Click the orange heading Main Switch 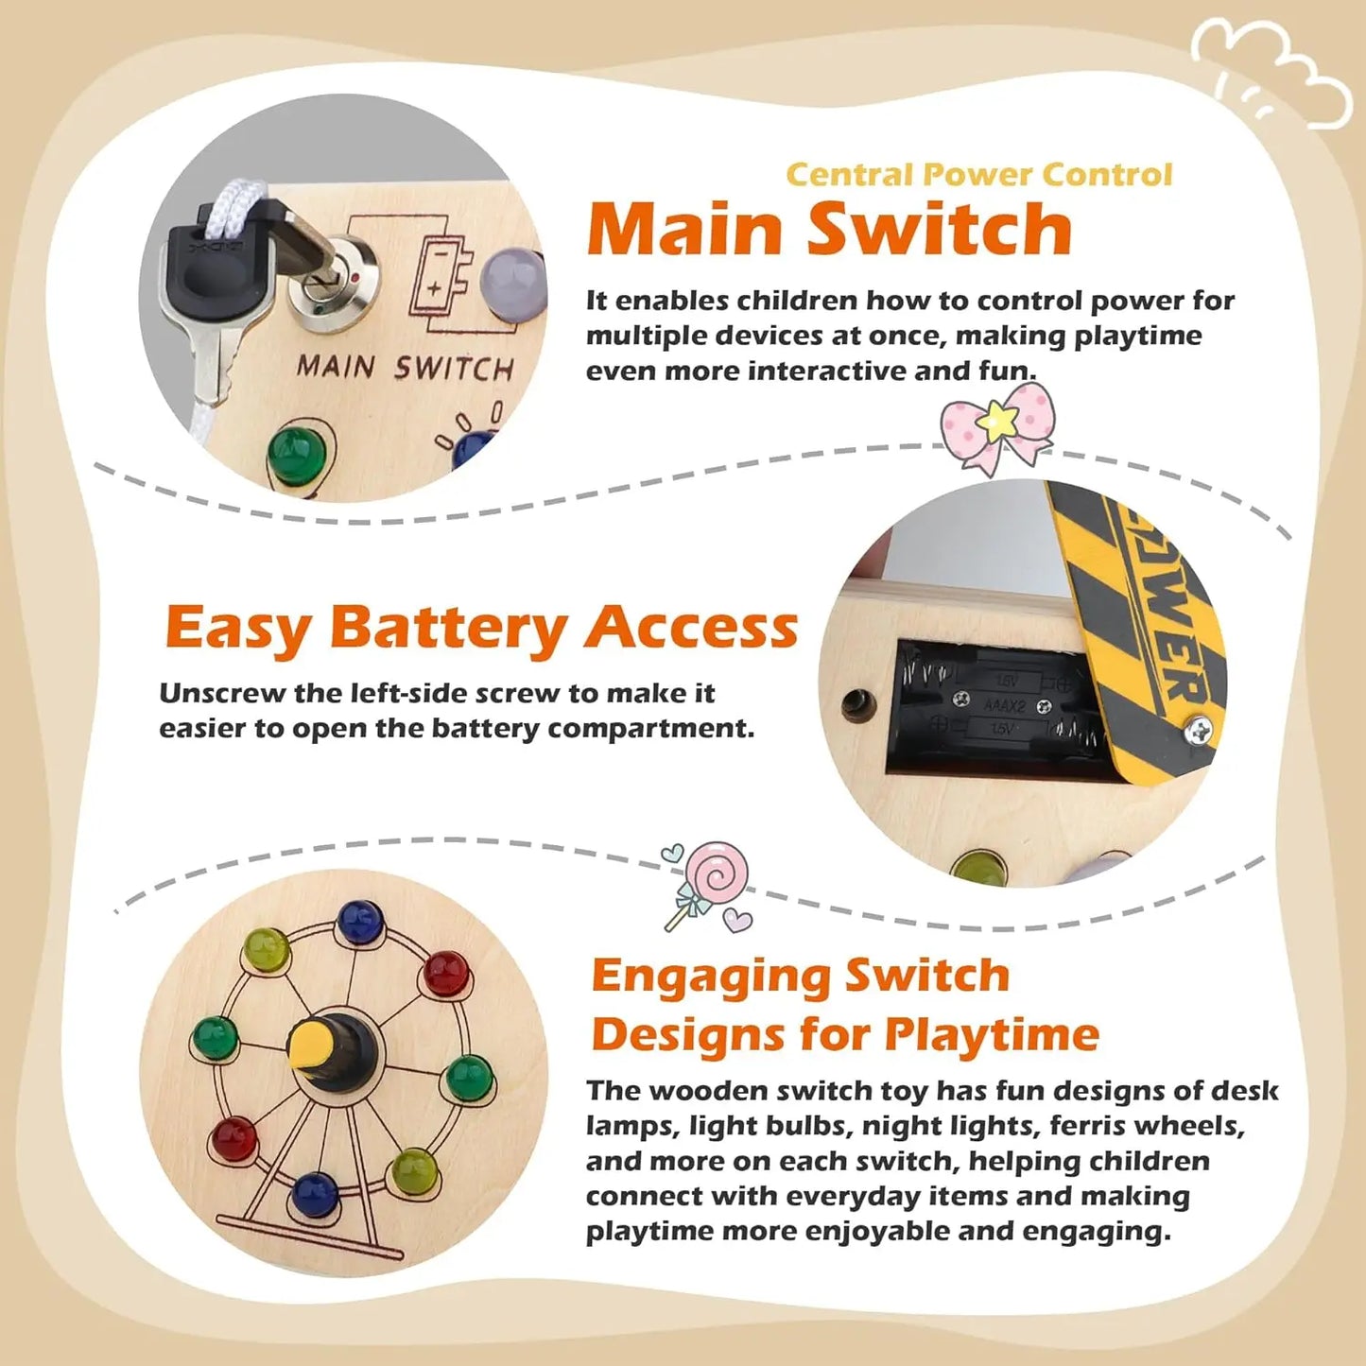tap(829, 230)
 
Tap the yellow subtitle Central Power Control tap(978, 175)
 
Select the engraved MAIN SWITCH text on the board tap(405, 367)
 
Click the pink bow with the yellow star tap(996, 425)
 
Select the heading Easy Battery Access tap(481, 629)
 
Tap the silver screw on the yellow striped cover tap(1199, 729)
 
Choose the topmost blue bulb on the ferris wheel tap(359, 920)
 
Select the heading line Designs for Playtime tap(844, 1034)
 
